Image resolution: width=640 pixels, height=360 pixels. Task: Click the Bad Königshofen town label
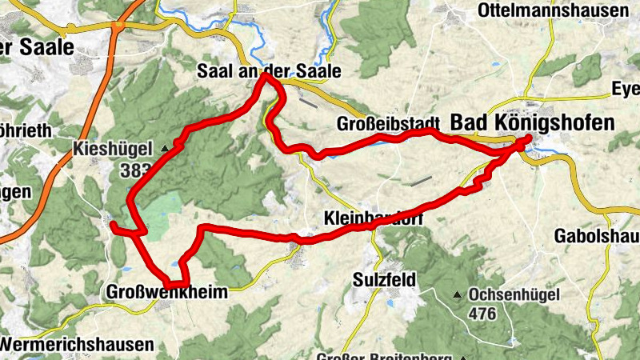click(x=533, y=122)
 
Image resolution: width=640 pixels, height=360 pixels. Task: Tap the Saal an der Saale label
click(x=269, y=71)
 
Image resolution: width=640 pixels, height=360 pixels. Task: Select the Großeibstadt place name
click(x=389, y=124)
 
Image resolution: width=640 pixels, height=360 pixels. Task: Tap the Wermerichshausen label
click(x=78, y=345)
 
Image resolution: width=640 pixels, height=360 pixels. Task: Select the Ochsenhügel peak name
click(x=512, y=295)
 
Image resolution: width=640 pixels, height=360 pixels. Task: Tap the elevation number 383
click(x=134, y=170)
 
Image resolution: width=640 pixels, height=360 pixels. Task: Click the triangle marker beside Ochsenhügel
click(x=458, y=295)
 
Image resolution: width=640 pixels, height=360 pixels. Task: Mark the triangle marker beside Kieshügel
click(x=166, y=148)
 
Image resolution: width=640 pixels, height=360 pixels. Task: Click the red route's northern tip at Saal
click(x=267, y=78)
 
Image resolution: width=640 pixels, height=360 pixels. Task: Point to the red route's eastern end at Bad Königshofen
click(x=529, y=141)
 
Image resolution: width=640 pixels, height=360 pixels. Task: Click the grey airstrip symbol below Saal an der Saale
click(x=307, y=102)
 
